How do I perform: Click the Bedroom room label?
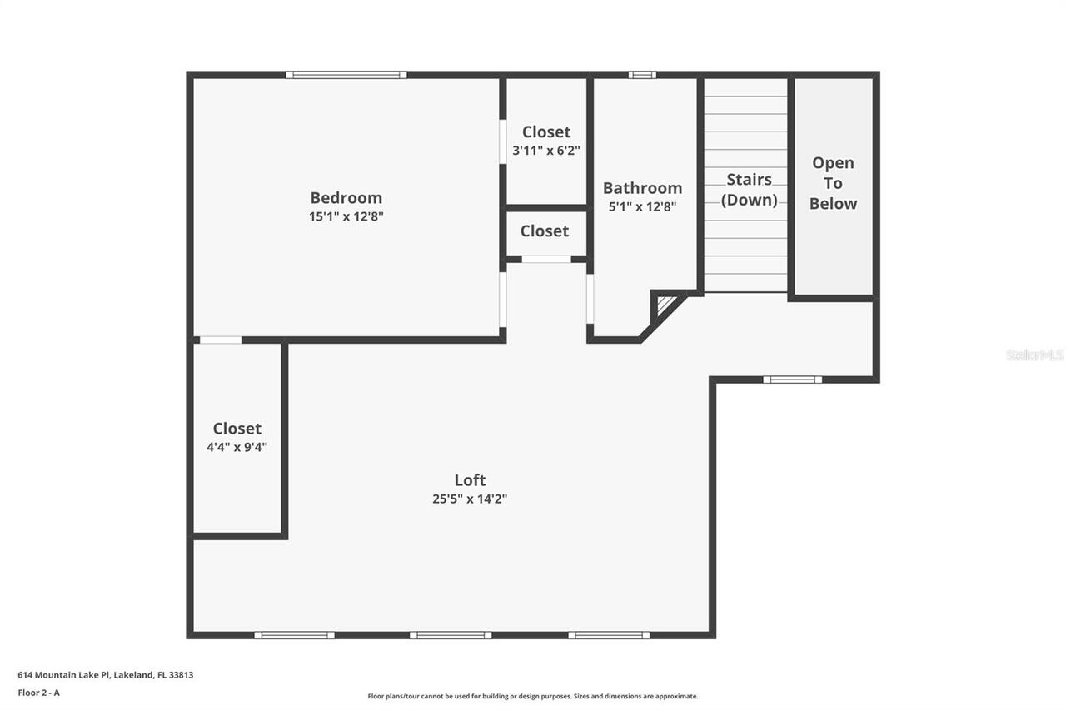coord(346,198)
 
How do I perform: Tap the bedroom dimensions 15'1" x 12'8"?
coord(346,216)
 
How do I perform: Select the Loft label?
coord(470,480)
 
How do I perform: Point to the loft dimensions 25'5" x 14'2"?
coord(470,499)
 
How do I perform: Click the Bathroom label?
coord(642,188)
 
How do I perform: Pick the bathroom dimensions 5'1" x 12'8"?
coord(642,207)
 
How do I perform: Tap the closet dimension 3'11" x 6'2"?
coord(546,151)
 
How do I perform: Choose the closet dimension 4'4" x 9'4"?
coord(237,447)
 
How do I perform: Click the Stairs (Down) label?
coord(749,190)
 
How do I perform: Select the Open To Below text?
coord(833,183)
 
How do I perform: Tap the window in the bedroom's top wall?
coord(346,75)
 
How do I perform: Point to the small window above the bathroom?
coord(642,75)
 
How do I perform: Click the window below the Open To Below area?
coord(792,380)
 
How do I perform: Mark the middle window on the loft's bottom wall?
coord(451,636)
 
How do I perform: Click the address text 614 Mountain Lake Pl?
coord(106,675)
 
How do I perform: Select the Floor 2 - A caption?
coord(39,692)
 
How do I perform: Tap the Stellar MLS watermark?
coord(1034,355)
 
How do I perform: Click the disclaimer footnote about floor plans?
coord(533,696)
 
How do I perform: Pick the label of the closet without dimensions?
coord(545,231)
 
